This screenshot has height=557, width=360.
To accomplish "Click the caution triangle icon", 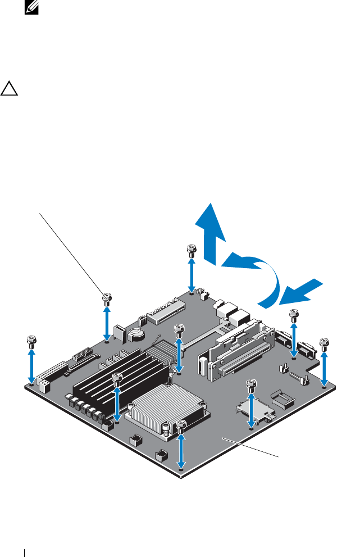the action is (10, 88).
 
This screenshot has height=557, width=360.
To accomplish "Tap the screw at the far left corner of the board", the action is (31, 341).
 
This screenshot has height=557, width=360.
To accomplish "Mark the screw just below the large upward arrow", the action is (192, 250).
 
